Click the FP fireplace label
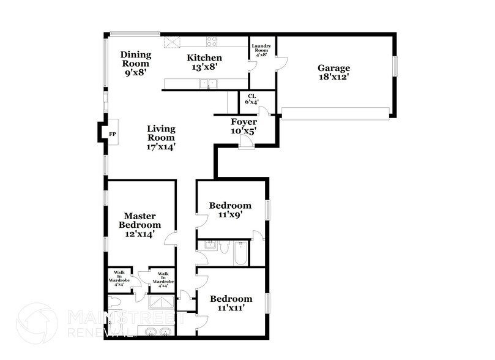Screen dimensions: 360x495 tap(112, 133)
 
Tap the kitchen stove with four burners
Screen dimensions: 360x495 tap(212, 42)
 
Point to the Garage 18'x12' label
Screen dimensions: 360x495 tap(333, 72)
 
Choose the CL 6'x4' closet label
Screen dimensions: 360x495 tap(252, 99)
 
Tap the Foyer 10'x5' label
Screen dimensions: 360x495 tap(243, 126)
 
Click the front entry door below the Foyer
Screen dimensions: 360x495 tap(246, 143)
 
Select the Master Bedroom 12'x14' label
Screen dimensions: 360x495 tap(140, 224)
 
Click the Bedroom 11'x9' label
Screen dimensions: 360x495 tap(230, 210)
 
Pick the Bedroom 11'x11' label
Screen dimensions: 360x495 tap(231, 303)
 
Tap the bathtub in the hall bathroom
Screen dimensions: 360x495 tap(241, 253)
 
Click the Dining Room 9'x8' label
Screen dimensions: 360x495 tap(136, 62)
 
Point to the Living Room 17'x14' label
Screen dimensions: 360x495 tap(162, 138)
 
